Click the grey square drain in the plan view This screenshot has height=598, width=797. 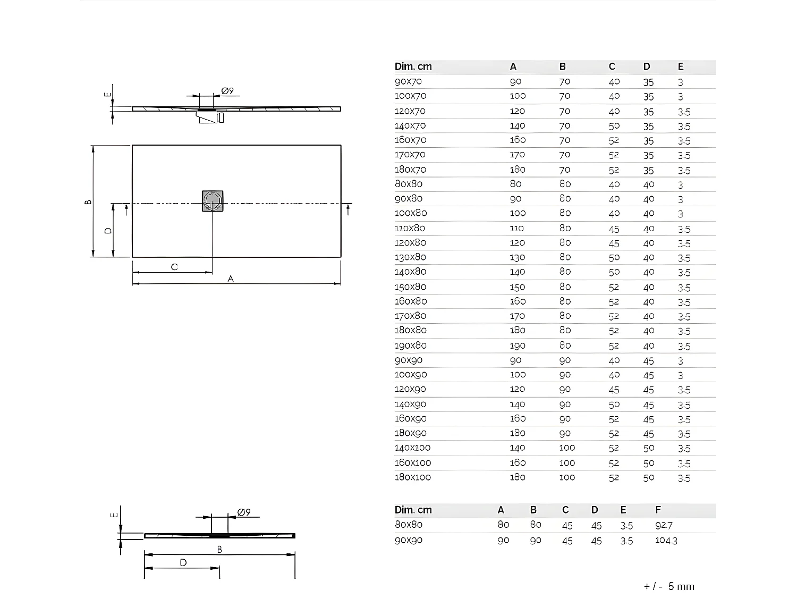(213, 201)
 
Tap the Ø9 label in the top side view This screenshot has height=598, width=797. (227, 91)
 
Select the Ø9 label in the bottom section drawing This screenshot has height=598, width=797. (244, 512)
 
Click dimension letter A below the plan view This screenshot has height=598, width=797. (231, 279)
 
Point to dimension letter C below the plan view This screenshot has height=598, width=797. (174, 267)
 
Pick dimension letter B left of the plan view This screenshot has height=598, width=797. (89, 201)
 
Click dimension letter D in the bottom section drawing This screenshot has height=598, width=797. (183, 562)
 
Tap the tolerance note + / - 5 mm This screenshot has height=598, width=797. (668, 586)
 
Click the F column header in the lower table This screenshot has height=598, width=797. (658, 510)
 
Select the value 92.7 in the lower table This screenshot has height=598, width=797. (664, 525)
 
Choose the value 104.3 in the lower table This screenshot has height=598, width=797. (666, 540)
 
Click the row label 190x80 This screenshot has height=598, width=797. (410, 346)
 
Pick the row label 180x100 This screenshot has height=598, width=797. (412, 477)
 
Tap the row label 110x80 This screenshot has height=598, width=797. (410, 228)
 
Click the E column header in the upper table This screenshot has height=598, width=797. (681, 66)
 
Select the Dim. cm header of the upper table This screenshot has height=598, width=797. (413, 66)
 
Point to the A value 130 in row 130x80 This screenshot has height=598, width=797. (517, 257)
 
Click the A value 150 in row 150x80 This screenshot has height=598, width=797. (517, 287)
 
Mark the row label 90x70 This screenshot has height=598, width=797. (408, 81)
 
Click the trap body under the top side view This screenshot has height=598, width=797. (208, 116)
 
